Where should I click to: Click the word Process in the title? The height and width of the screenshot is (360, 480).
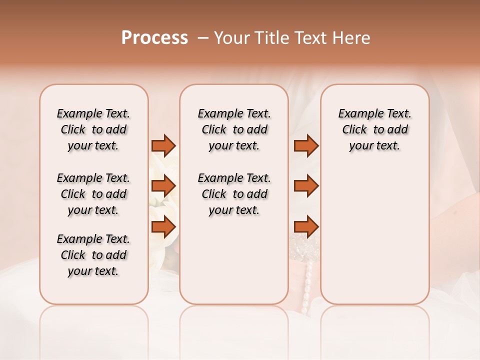154,38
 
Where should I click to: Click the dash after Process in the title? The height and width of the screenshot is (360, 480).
202,38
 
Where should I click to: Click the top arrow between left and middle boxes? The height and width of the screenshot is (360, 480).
163,145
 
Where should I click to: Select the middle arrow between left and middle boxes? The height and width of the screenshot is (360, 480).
163,186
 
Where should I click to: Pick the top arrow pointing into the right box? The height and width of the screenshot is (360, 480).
306,145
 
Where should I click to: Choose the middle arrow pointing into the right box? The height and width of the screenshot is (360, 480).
306,186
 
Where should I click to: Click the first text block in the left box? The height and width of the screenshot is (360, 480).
93,129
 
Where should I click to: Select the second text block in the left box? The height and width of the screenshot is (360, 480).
93,194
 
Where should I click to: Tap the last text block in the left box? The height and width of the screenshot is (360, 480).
93,255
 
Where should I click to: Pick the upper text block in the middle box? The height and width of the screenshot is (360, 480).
234,129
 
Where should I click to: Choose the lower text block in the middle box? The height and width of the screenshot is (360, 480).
234,194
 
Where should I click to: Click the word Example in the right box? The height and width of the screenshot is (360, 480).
357,114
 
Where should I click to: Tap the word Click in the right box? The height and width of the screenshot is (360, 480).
354,130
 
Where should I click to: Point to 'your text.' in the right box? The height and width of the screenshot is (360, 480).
374,146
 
